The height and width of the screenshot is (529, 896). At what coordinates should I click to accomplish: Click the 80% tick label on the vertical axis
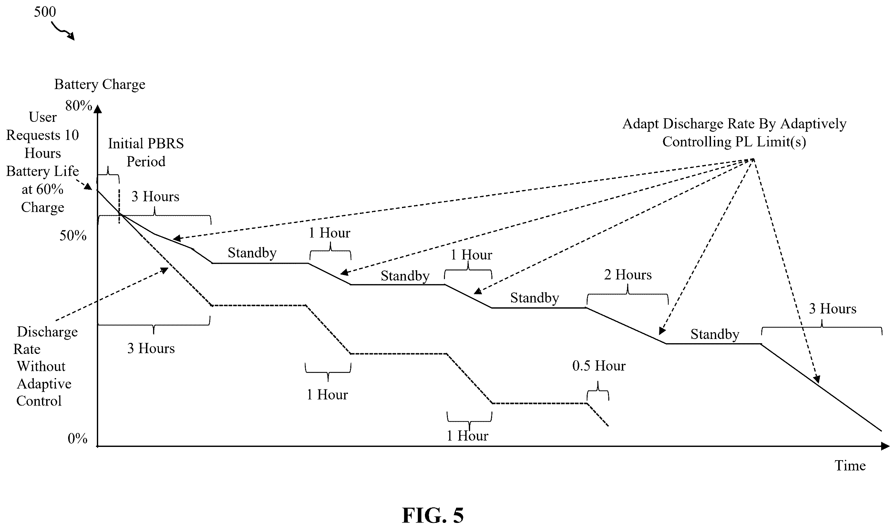coord(79,106)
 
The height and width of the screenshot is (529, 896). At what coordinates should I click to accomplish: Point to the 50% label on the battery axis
coord(73,236)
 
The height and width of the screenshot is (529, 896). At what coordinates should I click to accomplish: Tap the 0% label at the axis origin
coord(77,439)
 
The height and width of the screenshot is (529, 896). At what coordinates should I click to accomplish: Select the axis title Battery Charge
coord(100,84)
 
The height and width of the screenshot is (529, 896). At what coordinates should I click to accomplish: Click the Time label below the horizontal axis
coord(850,466)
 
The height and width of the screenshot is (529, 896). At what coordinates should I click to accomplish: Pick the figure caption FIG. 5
coord(433,515)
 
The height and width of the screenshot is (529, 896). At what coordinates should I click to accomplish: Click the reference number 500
coord(45,12)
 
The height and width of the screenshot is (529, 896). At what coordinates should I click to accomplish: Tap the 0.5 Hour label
coord(599,366)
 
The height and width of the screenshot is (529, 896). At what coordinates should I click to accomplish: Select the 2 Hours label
coord(628,275)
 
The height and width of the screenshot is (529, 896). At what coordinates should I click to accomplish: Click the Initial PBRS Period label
coord(146,153)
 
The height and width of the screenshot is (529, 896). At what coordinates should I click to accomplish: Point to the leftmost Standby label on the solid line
coord(252,253)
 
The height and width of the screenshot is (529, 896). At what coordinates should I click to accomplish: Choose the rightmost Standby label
coord(715,334)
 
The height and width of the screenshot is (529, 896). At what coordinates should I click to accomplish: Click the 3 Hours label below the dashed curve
coord(151,348)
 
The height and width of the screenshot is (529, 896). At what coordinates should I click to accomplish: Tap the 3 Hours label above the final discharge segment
coord(833,309)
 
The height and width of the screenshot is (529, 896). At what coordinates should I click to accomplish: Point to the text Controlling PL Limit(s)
coord(734,142)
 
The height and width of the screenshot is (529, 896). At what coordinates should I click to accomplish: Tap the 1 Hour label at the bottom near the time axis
coord(468,436)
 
